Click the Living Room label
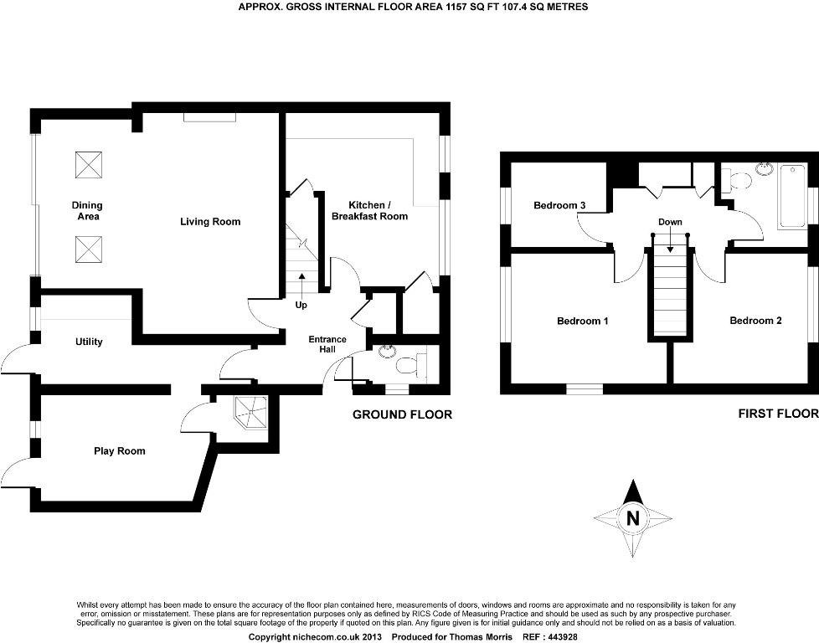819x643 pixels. point(210,222)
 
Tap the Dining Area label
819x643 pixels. point(87,211)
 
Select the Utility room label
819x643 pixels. point(89,342)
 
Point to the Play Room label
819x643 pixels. point(119,451)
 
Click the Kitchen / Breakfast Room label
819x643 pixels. point(369,211)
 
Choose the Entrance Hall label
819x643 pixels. point(327,344)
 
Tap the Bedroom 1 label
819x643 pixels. point(583,321)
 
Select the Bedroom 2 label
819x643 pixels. point(755,321)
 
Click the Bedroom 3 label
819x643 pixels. point(559,206)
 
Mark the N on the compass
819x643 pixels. point(633,517)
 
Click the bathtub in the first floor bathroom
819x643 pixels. point(792,196)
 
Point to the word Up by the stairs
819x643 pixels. point(301,305)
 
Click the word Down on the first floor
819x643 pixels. point(670,222)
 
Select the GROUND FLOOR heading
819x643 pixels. point(402,414)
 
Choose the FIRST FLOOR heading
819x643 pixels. point(777,414)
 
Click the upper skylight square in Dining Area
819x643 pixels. point(89,165)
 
